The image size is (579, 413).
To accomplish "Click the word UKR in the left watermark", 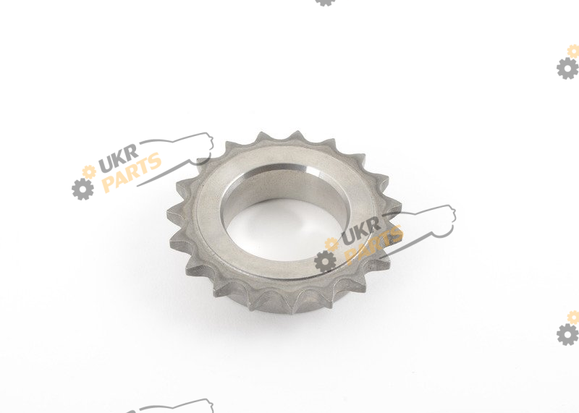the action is (x=119, y=158).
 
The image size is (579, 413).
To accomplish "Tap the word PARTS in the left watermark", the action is (x=132, y=172).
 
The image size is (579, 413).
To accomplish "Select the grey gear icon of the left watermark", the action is (x=83, y=189).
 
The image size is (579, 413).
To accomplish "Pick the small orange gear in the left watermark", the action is (x=89, y=172).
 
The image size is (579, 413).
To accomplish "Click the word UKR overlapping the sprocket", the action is (x=361, y=231).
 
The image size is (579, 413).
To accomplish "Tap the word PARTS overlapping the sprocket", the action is (x=373, y=244).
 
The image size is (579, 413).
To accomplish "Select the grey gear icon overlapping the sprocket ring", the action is (x=325, y=261).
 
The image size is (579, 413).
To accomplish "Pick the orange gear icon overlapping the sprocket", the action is (x=331, y=244).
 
